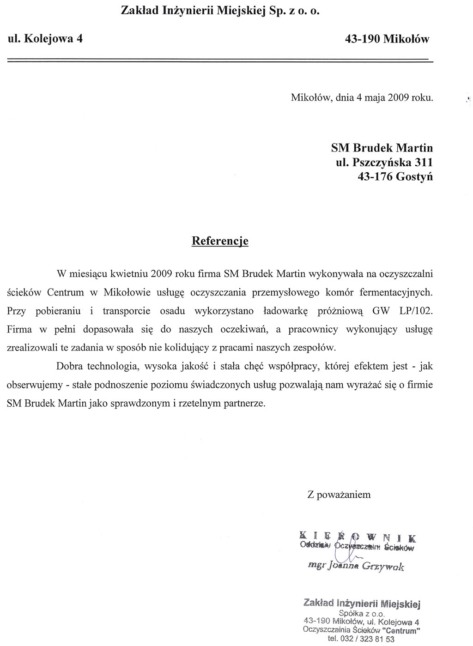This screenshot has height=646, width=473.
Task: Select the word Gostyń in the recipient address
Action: tap(414, 177)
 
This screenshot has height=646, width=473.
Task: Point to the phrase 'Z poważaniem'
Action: tap(339, 495)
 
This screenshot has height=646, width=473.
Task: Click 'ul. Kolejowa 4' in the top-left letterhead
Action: tap(45, 39)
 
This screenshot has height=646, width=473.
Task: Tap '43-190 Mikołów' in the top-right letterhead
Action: tap(387, 39)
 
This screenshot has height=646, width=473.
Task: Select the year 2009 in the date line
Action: tap(397, 98)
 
